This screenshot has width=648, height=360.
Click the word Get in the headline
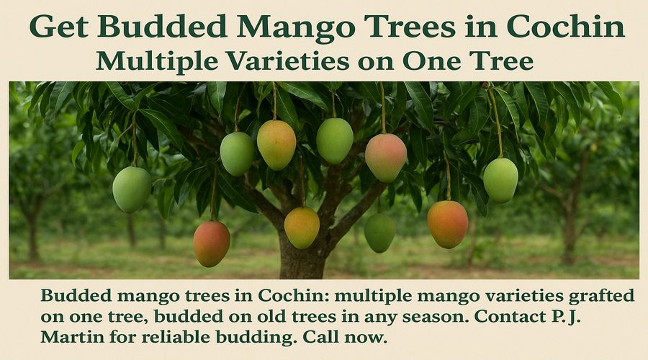[59, 27]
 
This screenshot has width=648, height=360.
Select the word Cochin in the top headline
[565, 27]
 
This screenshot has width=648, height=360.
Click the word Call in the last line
[321, 337]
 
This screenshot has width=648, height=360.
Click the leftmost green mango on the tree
[132, 189]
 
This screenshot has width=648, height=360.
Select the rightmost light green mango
[500, 180]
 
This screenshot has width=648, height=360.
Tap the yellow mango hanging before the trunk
[302, 228]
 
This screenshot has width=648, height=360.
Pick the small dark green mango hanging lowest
[379, 233]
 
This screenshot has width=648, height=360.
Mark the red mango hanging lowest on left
[212, 244]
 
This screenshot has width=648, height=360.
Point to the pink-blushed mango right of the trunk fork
[386, 158]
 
